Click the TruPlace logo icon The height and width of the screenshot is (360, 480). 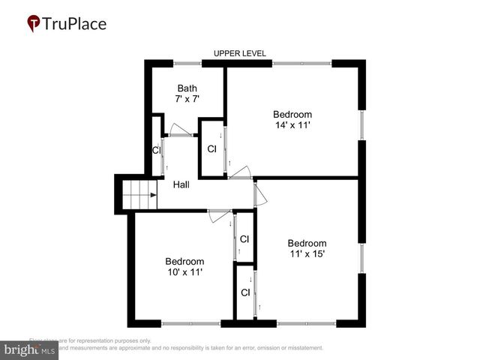pos(34,23)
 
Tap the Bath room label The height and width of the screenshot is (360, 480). pos(187,88)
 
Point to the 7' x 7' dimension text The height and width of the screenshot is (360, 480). pos(187,99)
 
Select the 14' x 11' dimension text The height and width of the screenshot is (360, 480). pos(292,125)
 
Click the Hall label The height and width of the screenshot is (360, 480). pos(181,184)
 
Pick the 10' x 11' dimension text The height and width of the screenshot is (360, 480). pos(184,272)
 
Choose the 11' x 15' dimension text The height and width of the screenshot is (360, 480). pos(307,253)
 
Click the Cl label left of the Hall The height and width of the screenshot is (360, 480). pos(156,150)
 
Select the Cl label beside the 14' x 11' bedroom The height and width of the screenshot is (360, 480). pos(212,148)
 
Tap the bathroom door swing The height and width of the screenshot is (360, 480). pos(179,129)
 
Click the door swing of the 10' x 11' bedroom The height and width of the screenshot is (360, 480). pos(220,218)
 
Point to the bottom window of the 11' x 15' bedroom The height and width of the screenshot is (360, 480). pos(306,324)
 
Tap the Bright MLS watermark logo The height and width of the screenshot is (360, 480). pos(30,349)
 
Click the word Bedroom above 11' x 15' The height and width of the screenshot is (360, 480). pos(307,243)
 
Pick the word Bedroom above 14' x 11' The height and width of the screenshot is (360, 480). pos(292,114)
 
